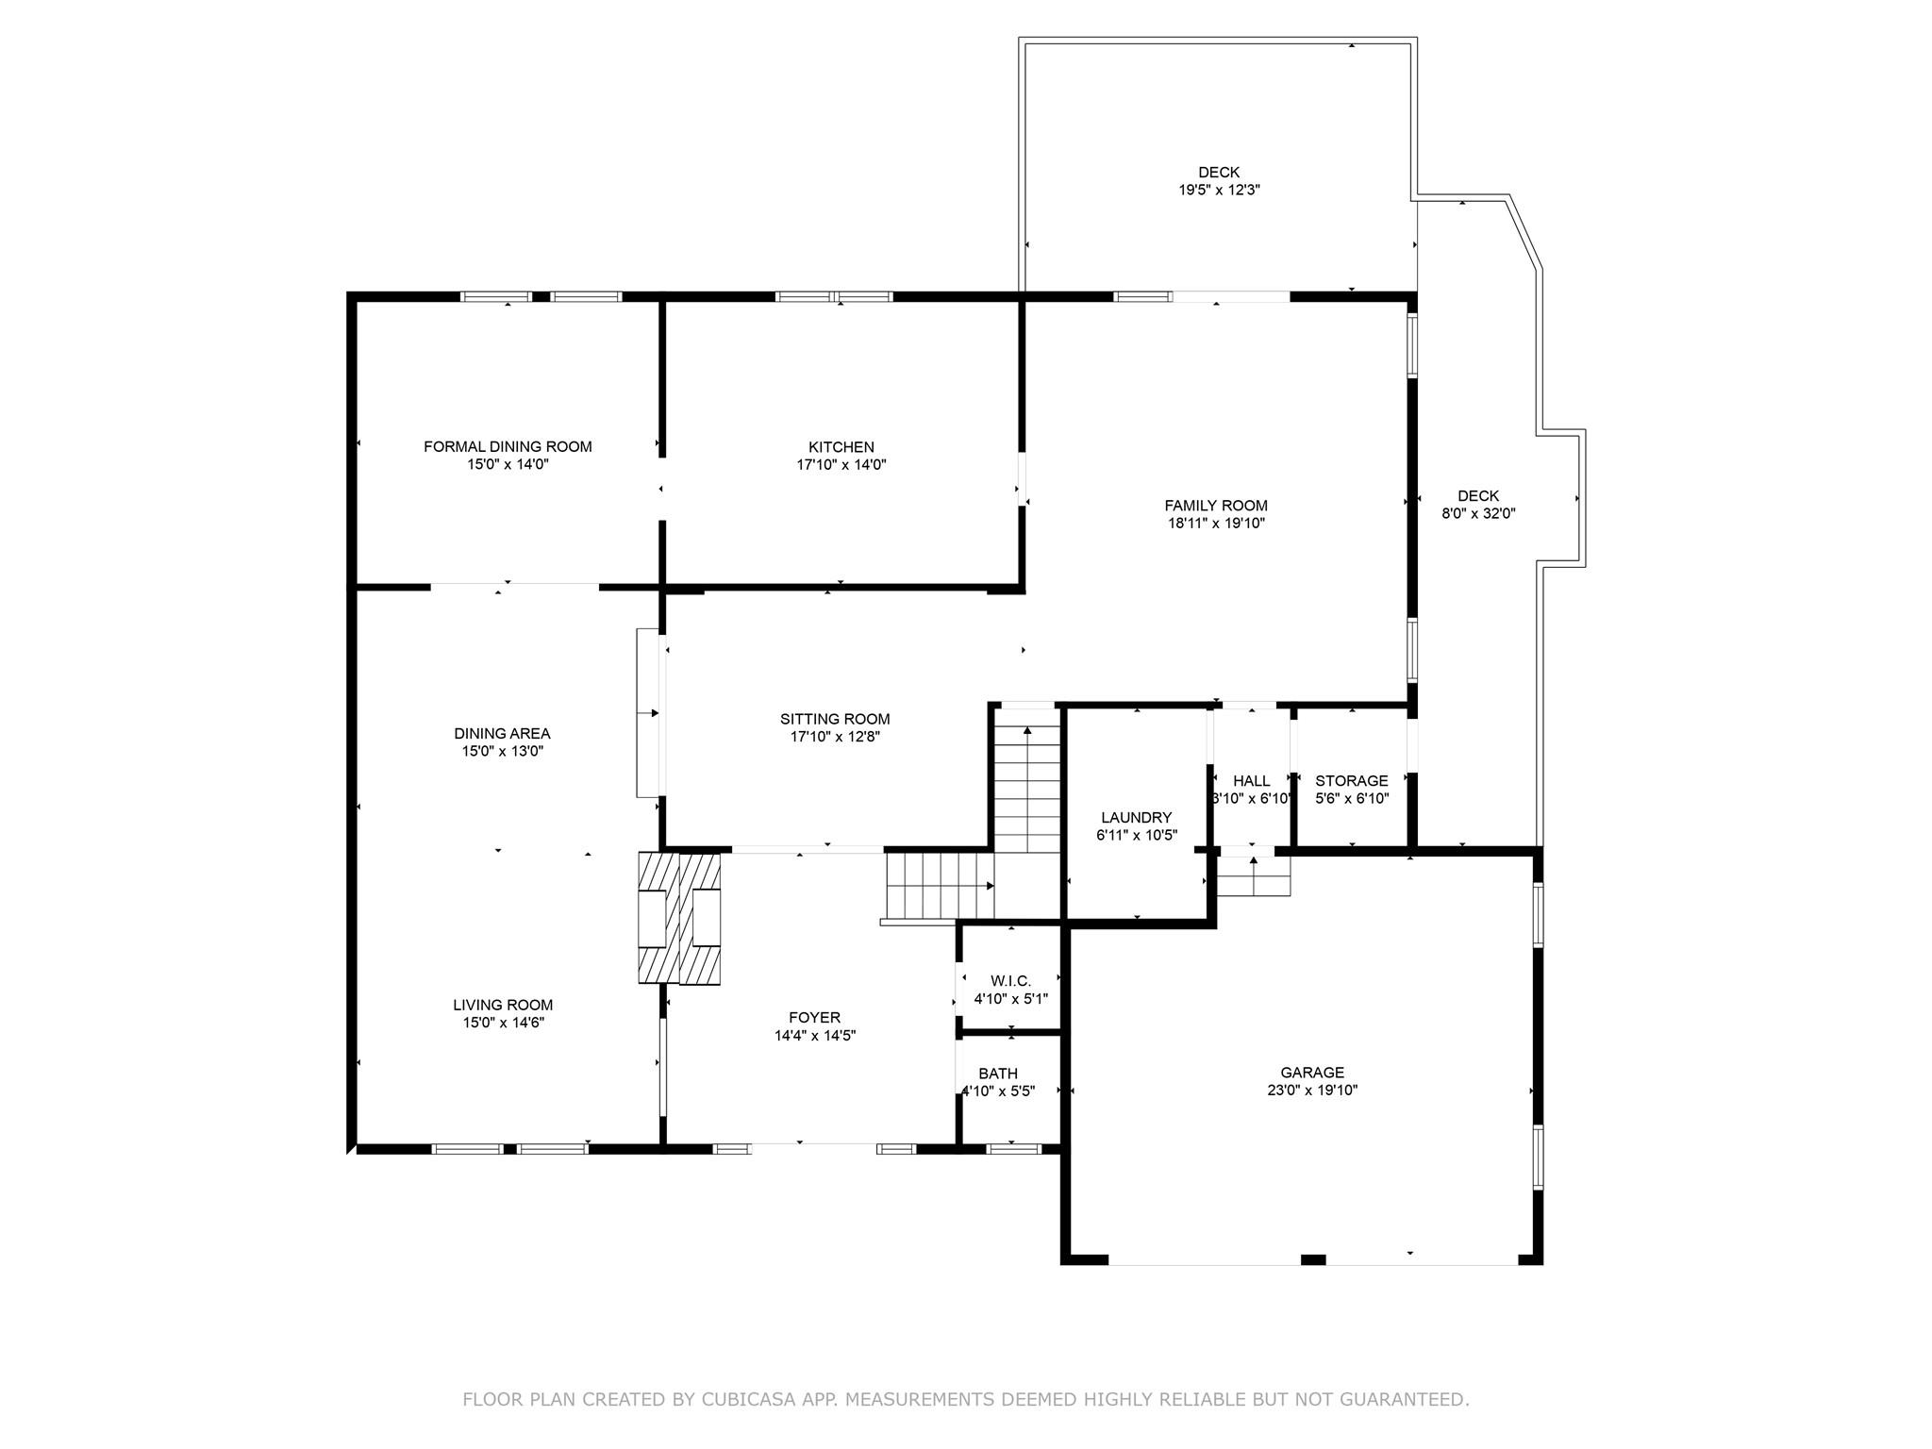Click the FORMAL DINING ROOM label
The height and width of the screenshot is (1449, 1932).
tap(508, 447)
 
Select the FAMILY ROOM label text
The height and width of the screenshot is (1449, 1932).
tap(1216, 506)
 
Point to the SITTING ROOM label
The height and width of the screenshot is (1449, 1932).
tap(835, 720)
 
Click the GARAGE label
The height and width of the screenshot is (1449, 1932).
tap(1312, 1073)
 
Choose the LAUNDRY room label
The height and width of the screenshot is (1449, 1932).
tap(1136, 818)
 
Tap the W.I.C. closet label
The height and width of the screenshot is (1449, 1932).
tap(1010, 981)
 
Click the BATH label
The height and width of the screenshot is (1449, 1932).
tap(998, 1074)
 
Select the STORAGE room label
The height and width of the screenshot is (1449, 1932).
tap(1352, 781)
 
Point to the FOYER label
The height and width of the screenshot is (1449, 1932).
tap(814, 1018)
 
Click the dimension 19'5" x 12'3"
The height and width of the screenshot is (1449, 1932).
tap(1219, 190)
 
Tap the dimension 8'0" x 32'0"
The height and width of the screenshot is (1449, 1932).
tap(1478, 514)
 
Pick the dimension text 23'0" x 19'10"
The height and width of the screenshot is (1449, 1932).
tap(1312, 1091)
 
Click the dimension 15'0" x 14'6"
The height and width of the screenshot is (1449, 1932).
tap(503, 1023)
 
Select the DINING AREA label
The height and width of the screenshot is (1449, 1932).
tap(502, 734)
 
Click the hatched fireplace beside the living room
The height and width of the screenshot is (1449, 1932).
tap(680, 919)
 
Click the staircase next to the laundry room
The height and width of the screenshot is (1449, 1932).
tap(1027, 789)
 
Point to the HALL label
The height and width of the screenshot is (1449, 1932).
tap(1252, 781)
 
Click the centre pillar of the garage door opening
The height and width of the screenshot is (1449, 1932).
tap(1313, 1259)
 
